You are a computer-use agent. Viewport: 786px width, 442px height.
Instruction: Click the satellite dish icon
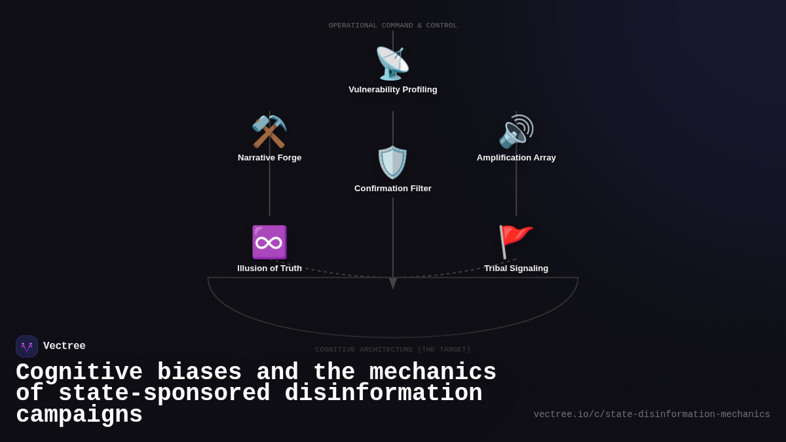pyautogui.click(x=392, y=64)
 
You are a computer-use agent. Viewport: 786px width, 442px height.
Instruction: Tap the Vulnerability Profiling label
pyautogui.click(x=393, y=90)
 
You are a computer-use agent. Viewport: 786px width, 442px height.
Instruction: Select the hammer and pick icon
pyautogui.click(x=269, y=132)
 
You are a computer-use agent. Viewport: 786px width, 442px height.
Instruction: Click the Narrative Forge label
pyautogui.click(x=269, y=158)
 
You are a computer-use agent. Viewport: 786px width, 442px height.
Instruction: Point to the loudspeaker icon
pyautogui.click(x=516, y=132)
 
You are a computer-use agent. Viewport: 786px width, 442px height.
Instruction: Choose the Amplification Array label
pyautogui.click(x=516, y=158)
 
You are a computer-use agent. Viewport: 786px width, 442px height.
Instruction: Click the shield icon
pyautogui.click(x=392, y=162)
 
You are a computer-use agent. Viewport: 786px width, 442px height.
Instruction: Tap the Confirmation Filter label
pyautogui.click(x=393, y=189)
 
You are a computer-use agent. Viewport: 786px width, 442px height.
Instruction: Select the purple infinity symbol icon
pyautogui.click(x=269, y=242)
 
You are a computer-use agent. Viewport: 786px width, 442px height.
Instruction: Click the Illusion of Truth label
pyautogui.click(x=269, y=268)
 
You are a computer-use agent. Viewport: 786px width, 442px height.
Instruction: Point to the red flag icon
pyautogui.click(x=515, y=242)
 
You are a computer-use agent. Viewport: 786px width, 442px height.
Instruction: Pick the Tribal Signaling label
pyautogui.click(x=516, y=268)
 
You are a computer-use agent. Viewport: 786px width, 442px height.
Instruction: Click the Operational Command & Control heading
pyautogui.click(x=393, y=26)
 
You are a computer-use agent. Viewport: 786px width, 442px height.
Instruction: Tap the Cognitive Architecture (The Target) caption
pyautogui.click(x=393, y=350)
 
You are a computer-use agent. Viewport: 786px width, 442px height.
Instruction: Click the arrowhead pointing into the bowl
pyautogui.click(x=393, y=283)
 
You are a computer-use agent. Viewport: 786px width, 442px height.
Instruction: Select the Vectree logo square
pyautogui.click(x=27, y=346)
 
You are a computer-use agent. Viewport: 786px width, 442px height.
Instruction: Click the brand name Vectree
pyautogui.click(x=64, y=346)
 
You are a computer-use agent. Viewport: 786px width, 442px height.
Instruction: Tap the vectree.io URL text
pyautogui.click(x=652, y=414)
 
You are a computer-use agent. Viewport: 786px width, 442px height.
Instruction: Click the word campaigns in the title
pyautogui.click(x=79, y=415)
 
